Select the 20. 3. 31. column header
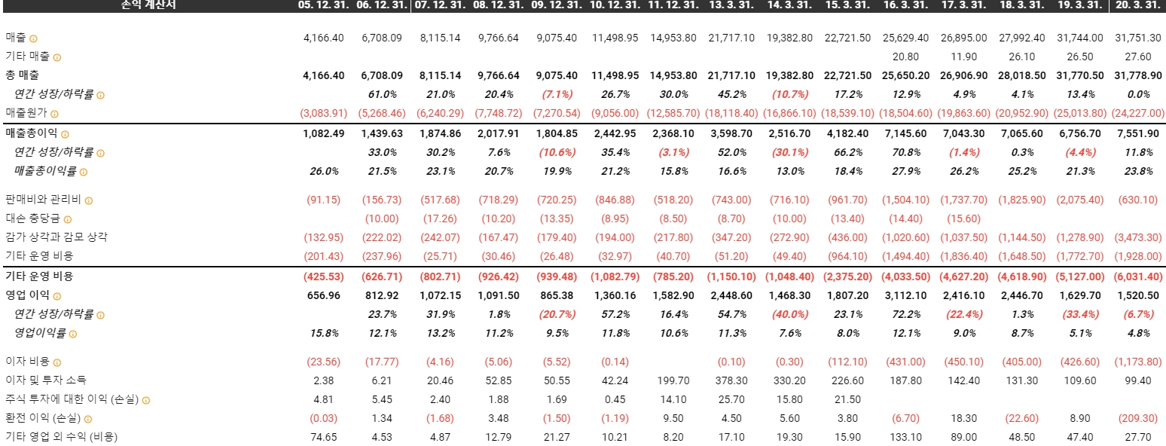point(1138,5)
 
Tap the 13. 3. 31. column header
point(731,5)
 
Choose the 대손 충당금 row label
point(32,219)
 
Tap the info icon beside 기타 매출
point(57,57)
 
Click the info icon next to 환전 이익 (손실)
point(88,419)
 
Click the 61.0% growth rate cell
point(382,95)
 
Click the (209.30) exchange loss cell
point(1138,418)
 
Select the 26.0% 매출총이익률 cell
point(324,171)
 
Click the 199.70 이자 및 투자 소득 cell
point(673,380)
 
